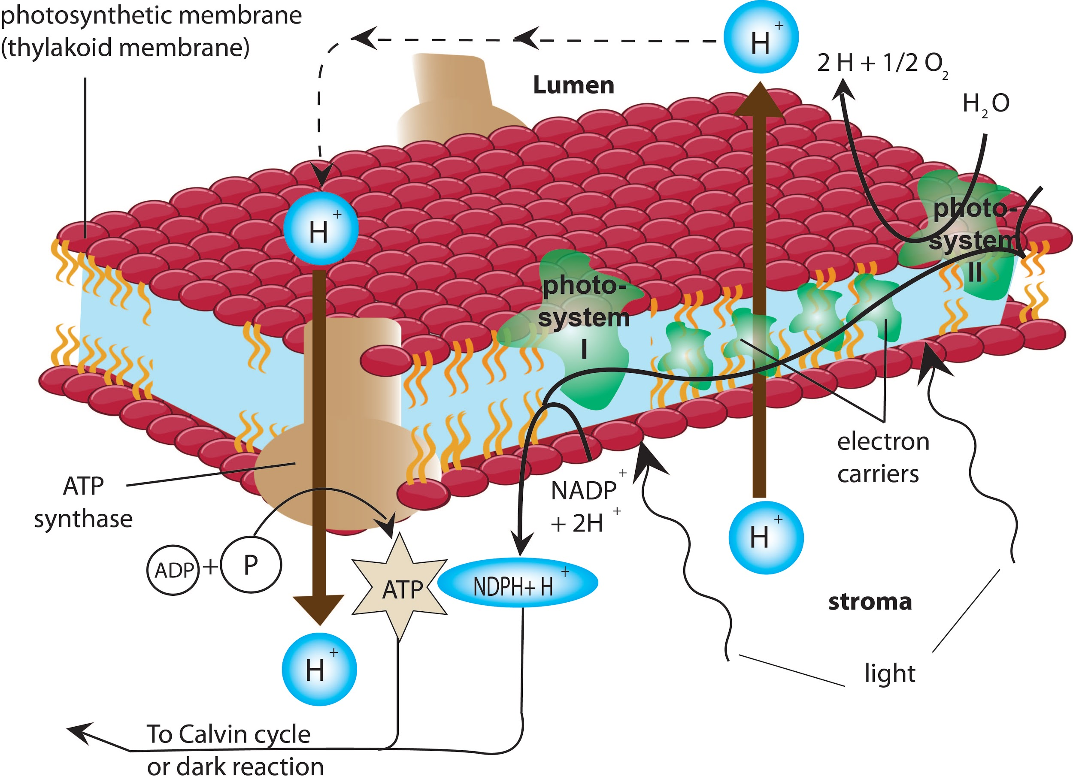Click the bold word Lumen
[x=573, y=85]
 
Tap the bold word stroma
[x=870, y=602]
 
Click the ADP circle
[x=173, y=570]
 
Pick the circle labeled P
[x=252, y=564]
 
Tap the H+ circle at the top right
[x=761, y=37]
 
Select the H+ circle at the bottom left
[x=319, y=669]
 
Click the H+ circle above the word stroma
[x=766, y=537]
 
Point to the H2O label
[x=986, y=104]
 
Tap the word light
[x=890, y=673]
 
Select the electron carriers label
[x=883, y=458]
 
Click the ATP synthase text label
[x=83, y=502]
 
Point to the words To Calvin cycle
[x=228, y=734]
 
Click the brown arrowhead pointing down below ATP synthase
[x=318, y=608]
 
